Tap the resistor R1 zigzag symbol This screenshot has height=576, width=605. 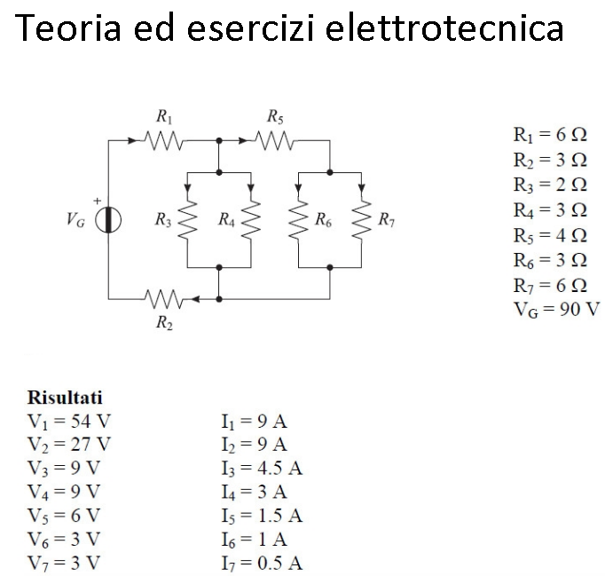tap(165, 140)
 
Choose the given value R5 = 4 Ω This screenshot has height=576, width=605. tap(549, 236)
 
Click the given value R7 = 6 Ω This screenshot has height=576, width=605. tap(549, 286)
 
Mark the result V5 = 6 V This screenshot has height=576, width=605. tap(65, 516)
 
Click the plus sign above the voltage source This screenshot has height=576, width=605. tap(99, 201)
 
